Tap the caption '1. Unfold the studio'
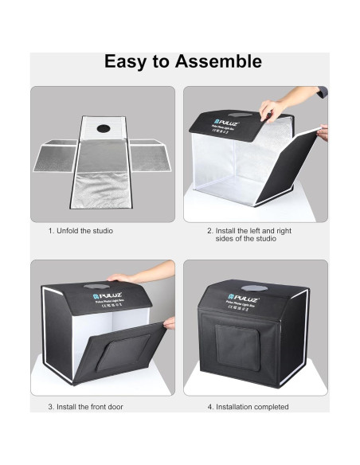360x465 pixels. (80, 231)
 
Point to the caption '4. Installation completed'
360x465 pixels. (248, 408)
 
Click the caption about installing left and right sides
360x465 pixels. (248, 235)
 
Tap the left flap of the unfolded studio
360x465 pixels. (57, 157)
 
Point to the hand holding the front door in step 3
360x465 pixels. (167, 323)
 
